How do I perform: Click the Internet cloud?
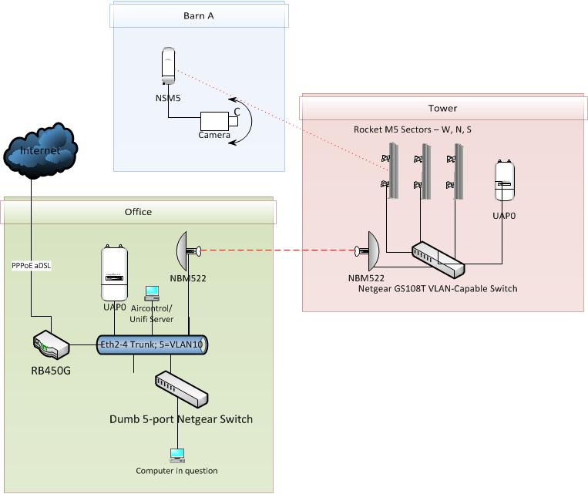coord(40,151)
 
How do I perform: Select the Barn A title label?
coord(199,15)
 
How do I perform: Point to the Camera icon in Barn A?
coord(213,121)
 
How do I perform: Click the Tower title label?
coord(442,108)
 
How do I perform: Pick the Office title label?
coord(139,212)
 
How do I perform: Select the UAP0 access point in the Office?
coord(114,273)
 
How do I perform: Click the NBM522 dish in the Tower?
coord(369,251)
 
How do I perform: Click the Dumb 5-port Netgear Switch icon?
coord(181,390)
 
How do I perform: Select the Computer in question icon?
coord(176,455)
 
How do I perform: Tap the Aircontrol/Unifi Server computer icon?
coord(153,293)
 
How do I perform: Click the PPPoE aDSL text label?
coord(28,266)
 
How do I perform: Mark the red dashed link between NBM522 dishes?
coord(277,251)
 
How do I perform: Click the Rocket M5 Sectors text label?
coord(412,129)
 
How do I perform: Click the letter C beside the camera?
coord(237,112)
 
